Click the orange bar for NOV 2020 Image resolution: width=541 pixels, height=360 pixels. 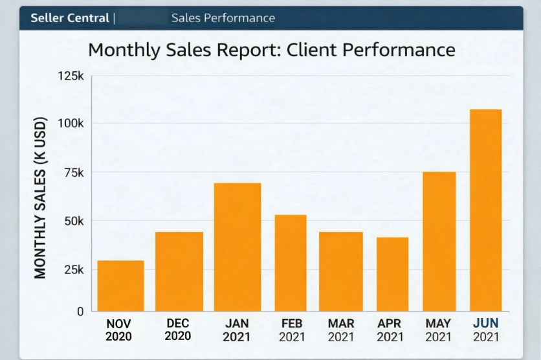[x=120, y=286]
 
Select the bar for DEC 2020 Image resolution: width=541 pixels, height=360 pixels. [x=179, y=271]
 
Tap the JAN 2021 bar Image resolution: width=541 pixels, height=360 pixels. [x=237, y=247]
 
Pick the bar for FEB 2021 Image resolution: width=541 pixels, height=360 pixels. [x=291, y=263]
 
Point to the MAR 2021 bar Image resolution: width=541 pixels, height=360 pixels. [x=340, y=271]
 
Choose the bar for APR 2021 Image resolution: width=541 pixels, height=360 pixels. [x=392, y=274]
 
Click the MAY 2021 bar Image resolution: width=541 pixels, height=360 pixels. [x=439, y=241]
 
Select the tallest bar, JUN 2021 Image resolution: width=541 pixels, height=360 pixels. [x=486, y=210]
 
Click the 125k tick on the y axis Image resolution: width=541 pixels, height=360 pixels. [x=71, y=76]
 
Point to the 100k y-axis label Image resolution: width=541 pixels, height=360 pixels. [x=71, y=123]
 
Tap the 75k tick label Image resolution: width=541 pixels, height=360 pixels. [x=72, y=172]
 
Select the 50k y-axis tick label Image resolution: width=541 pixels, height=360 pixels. [x=72, y=221]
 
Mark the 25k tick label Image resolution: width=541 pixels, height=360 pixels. [x=72, y=269]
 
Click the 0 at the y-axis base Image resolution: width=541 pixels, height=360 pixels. [x=80, y=311]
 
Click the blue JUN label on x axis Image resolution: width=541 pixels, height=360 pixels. [x=486, y=323]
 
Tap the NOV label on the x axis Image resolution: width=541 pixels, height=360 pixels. [x=118, y=323]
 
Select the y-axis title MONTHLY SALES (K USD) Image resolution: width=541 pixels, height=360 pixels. [x=41, y=198]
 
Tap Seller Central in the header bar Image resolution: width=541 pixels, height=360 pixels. [x=70, y=18]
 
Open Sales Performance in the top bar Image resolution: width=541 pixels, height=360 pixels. [x=223, y=18]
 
